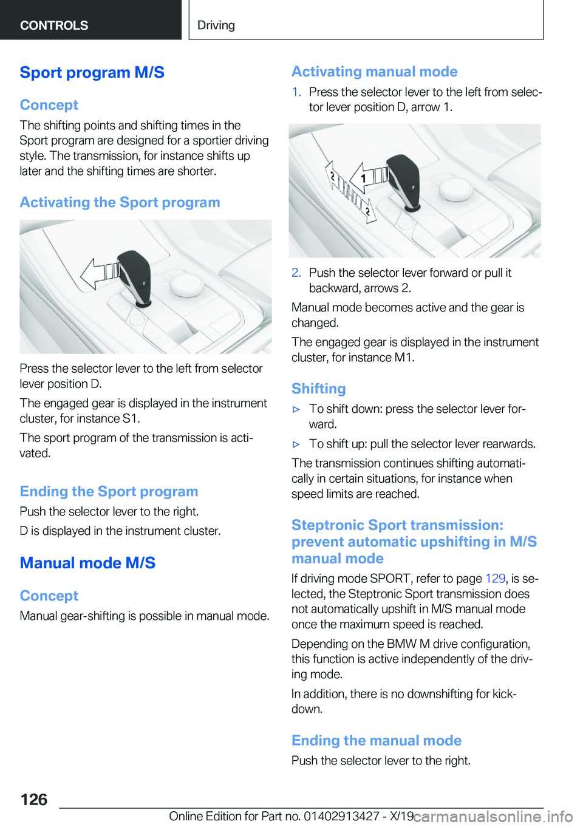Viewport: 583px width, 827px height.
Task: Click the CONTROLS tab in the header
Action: click(54, 25)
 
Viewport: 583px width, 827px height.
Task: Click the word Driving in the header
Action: click(216, 25)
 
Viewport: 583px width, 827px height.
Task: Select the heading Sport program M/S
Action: click(92, 72)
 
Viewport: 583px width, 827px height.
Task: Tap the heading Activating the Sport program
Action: click(120, 202)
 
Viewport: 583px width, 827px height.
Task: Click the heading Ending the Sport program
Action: click(109, 491)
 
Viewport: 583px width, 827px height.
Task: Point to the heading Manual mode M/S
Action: click(87, 563)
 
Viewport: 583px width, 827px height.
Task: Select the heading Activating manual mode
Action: click(374, 72)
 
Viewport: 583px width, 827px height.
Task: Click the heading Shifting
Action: click(319, 389)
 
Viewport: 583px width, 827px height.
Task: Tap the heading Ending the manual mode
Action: click(377, 740)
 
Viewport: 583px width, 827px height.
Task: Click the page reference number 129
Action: click(495, 578)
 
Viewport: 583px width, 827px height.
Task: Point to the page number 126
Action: click(34, 800)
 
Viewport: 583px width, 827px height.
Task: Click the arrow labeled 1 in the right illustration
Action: click(368, 178)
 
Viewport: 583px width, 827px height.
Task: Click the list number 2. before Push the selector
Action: click(296, 273)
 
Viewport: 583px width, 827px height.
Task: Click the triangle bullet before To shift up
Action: click(296, 444)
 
